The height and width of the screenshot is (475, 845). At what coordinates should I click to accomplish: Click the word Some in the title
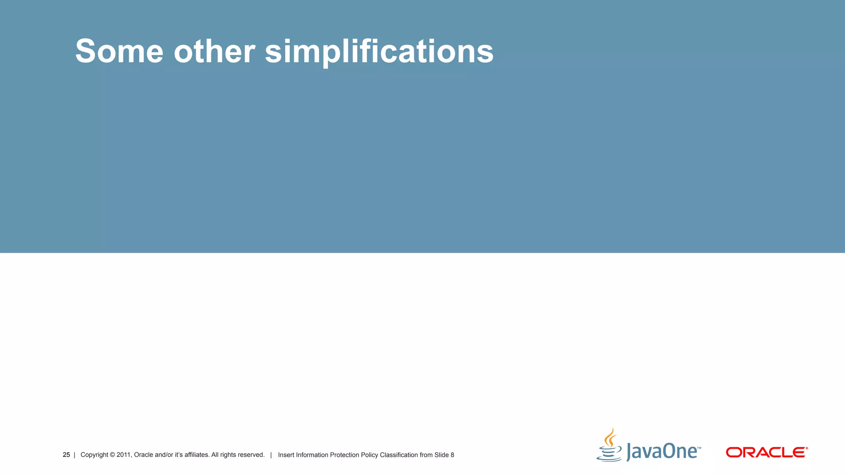click(119, 51)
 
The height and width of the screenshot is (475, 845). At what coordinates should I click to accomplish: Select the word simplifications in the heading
click(379, 51)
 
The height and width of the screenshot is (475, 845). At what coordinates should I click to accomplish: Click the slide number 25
click(66, 455)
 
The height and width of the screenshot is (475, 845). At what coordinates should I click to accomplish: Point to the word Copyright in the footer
click(94, 455)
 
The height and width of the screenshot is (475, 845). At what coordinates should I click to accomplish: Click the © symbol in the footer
click(112, 455)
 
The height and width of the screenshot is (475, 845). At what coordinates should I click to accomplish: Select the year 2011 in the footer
click(123, 455)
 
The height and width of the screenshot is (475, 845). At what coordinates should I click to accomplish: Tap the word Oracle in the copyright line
click(143, 455)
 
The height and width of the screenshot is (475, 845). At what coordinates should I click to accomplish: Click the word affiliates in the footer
click(196, 455)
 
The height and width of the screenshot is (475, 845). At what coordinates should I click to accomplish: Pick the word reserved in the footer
click(251, 455)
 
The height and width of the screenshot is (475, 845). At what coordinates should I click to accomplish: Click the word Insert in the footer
click(286, 455)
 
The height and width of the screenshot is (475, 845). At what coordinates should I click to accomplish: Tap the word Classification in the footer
click(399, 455)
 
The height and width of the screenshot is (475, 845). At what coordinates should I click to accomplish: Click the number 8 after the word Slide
click(452, 455)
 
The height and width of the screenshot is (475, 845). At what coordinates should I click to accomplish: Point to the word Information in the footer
click(312, 455)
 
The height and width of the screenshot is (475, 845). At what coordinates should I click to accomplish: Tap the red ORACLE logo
click(766, 452)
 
